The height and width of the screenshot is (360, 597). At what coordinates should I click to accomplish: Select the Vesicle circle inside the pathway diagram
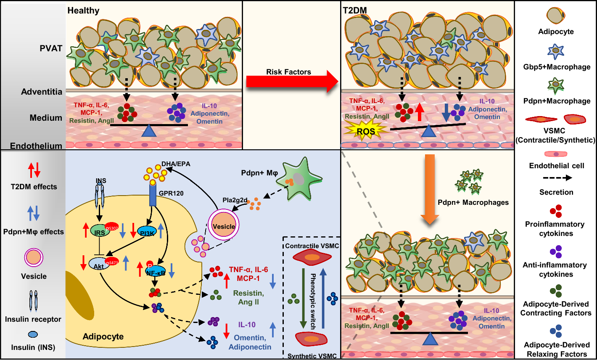224,226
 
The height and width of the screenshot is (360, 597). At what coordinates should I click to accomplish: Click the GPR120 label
171,193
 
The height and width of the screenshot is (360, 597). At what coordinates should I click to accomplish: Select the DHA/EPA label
176,164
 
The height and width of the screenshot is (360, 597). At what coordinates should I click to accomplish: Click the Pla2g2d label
235,200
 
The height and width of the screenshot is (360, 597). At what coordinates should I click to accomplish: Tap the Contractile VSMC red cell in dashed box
312,257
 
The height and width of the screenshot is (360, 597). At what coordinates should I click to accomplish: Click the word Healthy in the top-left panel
83,11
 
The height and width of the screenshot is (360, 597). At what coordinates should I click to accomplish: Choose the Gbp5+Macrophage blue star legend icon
556,51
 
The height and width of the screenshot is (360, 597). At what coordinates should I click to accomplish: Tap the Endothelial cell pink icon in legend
556,154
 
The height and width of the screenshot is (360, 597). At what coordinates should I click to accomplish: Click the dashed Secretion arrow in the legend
556,178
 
